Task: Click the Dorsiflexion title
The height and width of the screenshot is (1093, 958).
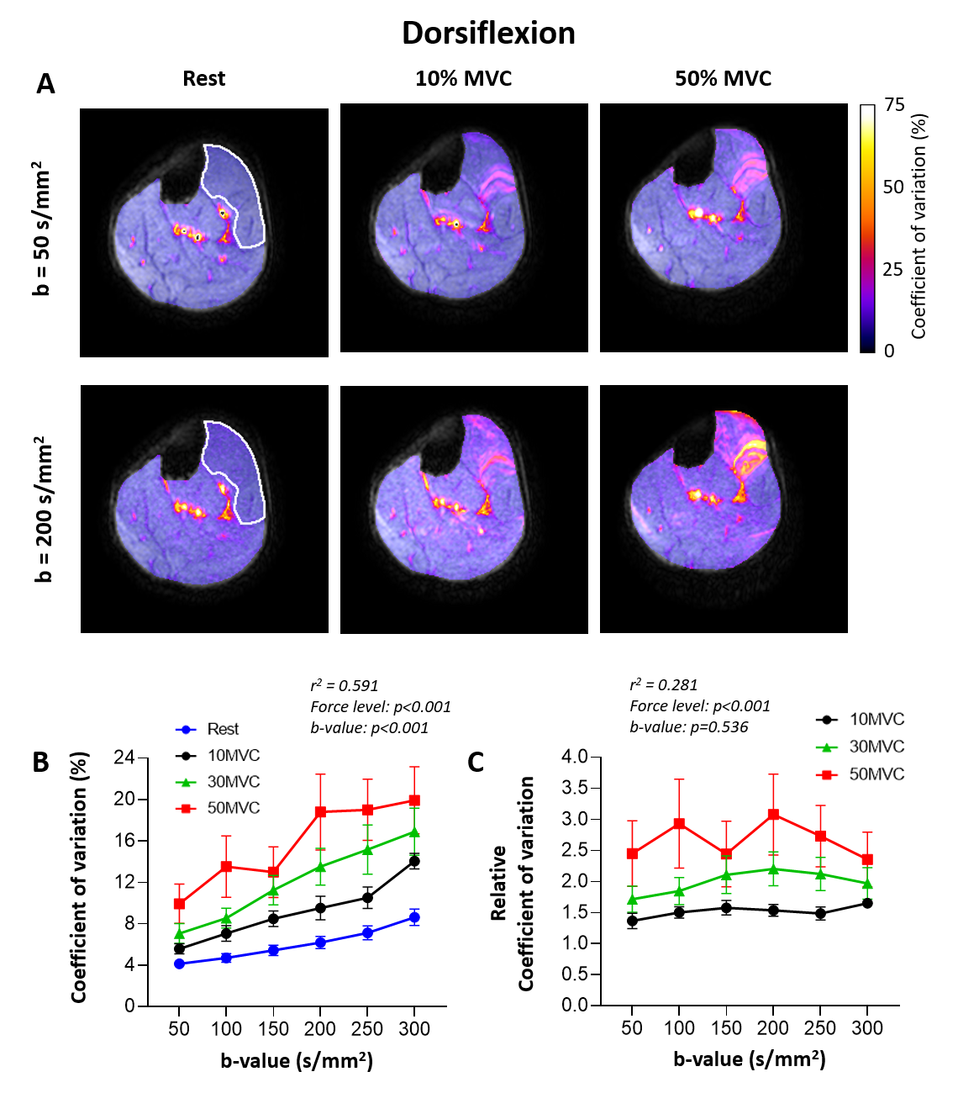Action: click(488, 34)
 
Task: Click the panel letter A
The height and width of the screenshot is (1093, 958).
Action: click(45, 84)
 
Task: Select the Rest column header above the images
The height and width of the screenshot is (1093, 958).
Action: click(204, 79)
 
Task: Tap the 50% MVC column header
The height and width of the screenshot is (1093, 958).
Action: click(723, 79)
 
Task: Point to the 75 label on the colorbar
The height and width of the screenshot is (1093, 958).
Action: click(894, 106)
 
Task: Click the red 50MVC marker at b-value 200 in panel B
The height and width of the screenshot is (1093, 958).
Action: click(320, 812)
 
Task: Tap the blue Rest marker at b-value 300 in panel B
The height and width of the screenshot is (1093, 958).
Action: click(414, 917)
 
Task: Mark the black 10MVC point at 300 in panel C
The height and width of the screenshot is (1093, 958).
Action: click(867, 903)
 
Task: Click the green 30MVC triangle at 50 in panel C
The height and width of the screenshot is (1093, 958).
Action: click(632, 899)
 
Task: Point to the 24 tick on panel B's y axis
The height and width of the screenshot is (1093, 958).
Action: click(124, 758)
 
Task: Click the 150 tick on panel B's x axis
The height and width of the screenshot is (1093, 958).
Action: click(273, 1029)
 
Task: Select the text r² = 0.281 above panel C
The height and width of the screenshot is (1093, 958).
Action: click(664, 685)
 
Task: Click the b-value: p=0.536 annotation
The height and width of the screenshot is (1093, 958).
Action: click(689, 727)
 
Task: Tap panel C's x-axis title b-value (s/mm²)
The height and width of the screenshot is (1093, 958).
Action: click(750, 1059)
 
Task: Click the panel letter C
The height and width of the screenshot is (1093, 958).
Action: click(476, 763)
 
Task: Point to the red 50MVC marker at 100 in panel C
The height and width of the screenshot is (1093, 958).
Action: click(679, 824)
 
